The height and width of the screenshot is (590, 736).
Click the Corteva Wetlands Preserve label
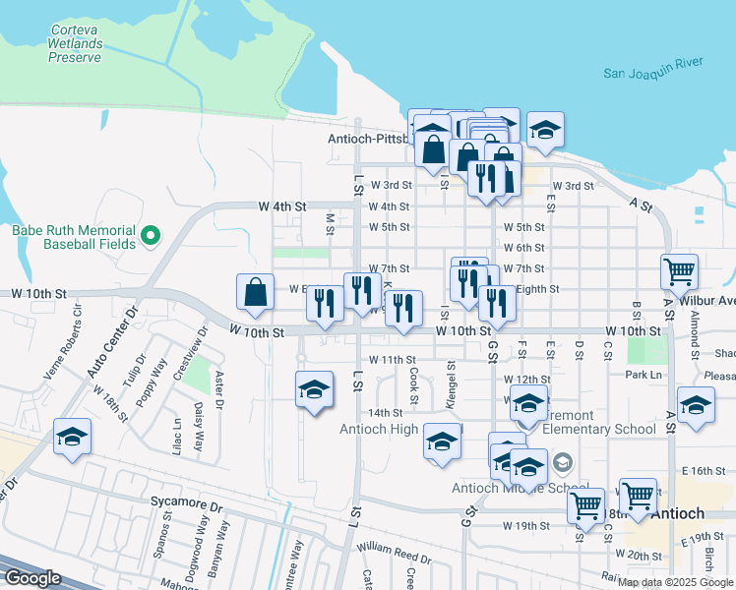coord(76,43)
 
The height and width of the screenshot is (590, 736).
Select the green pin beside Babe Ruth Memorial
coord(151,235)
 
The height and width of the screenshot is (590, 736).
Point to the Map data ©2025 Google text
coord(676,582)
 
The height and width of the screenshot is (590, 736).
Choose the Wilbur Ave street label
coord(712,300)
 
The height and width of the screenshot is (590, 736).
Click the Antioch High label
coord(378,429)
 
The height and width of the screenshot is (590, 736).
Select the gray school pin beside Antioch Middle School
coord(562,462)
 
